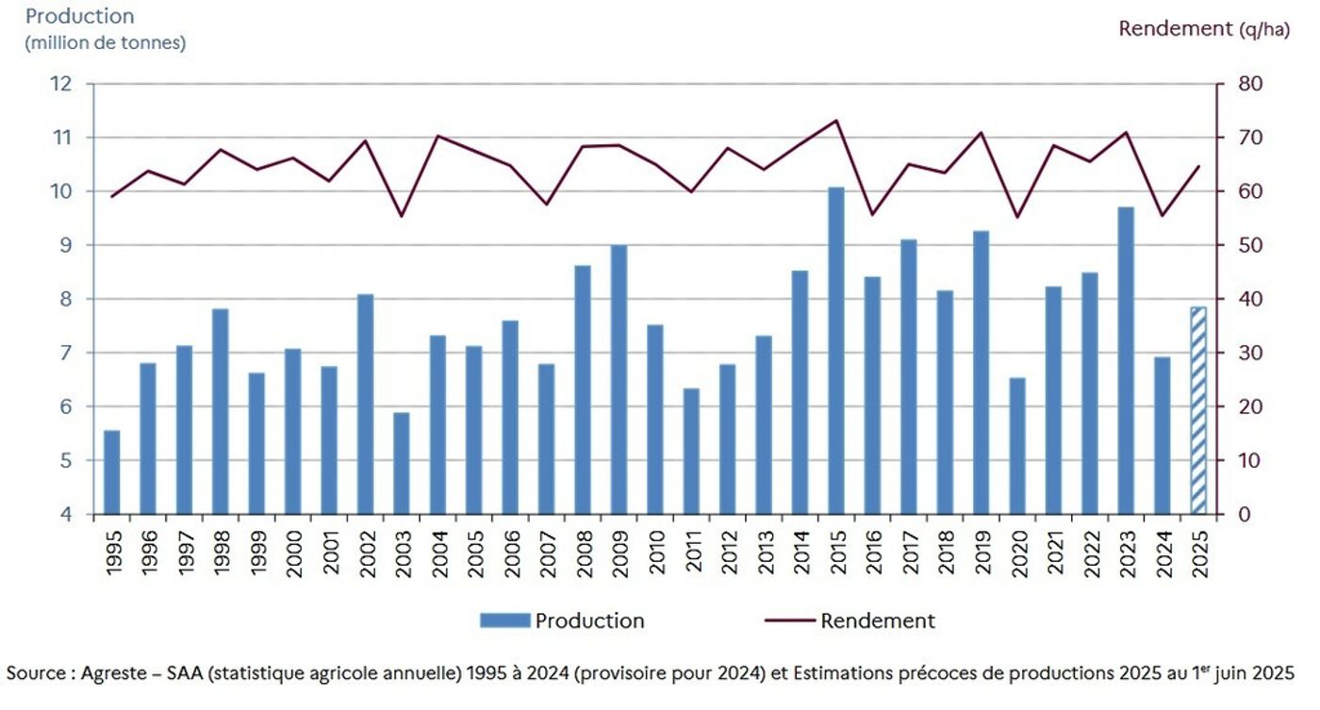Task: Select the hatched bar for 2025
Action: [1198, 411]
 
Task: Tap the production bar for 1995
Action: [112, 472]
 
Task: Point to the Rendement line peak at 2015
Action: [836, 120]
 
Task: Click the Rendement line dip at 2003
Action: [402, 216]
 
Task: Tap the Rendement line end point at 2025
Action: [1198, 166]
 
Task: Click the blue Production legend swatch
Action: [505, 620]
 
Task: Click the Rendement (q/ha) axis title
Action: [1203, 28]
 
